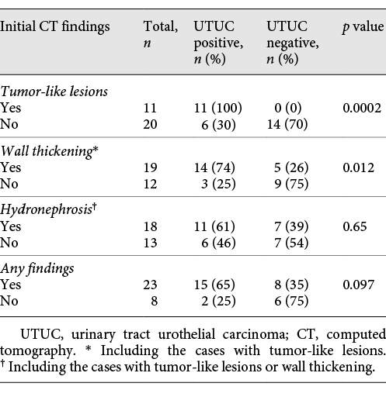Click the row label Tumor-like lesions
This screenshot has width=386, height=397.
[54, 91]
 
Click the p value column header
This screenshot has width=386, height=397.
[361, 27]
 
